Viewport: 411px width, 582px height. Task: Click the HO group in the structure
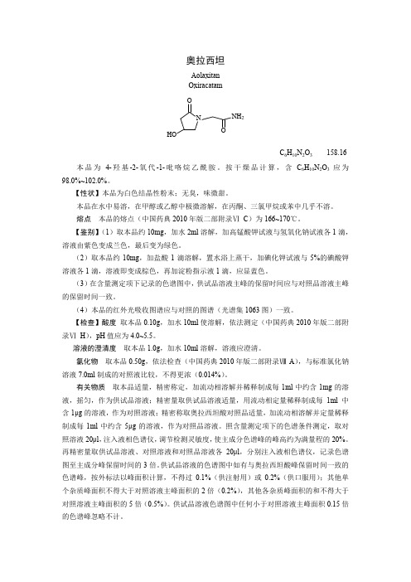tap(172, 133)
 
